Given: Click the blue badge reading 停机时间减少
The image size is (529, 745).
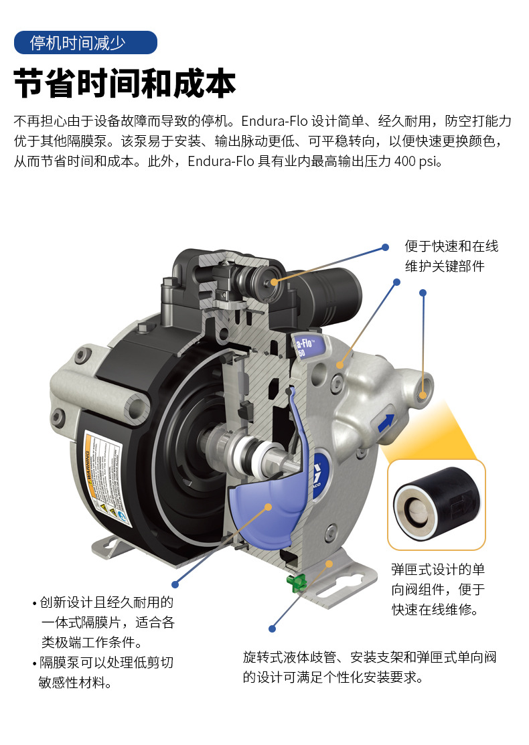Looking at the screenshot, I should pos(85,43).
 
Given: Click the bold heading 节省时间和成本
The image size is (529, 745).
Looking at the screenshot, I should pos(125,84).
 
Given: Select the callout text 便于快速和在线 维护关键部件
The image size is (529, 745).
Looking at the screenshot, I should pos(451,256).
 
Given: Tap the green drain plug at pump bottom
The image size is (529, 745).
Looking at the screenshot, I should pos(295,582).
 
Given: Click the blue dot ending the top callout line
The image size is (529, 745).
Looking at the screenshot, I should pos(385,247).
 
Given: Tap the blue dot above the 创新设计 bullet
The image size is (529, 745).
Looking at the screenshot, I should pos(175,584).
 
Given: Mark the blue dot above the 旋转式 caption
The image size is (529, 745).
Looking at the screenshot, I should pos(272,629).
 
